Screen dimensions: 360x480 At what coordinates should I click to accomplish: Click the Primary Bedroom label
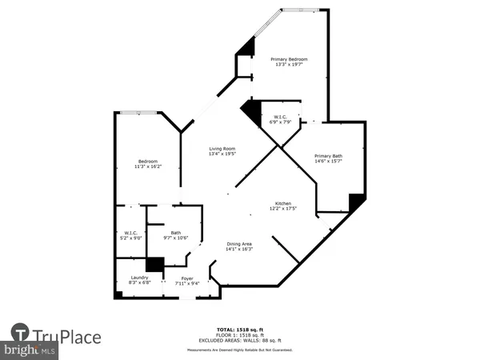pyautogui.click(x=288, y=62)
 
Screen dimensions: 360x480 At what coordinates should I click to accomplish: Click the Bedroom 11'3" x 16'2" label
pyautogui.click(x=147, y=163)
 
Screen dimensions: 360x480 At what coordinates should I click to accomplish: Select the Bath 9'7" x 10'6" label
pyautogui.click(x=175, y=235)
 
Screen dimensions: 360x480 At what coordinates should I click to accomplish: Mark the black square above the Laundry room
pyautogui.click(x=154, y=265)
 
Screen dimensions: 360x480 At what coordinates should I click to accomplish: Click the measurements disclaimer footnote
pyautogui.click(x=239, y=350)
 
